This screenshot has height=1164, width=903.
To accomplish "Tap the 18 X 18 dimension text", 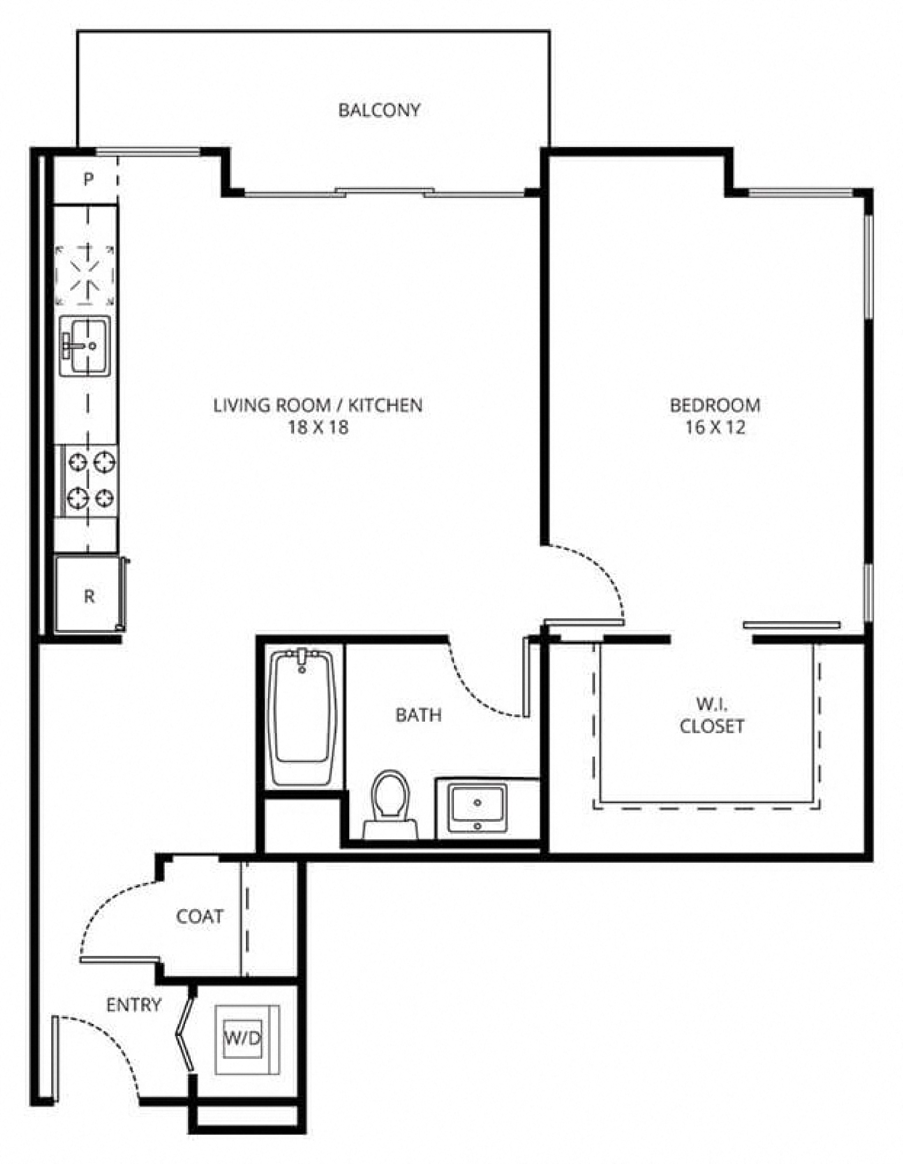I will pos(318,427).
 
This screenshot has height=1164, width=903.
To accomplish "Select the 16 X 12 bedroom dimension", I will pos(715,427).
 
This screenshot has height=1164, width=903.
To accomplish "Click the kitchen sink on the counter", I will pos(85,346).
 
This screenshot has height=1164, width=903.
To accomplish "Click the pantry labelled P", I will pos(88,179).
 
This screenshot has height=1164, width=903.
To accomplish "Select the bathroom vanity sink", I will pos(477,806).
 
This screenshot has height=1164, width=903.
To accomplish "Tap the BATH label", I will pos(418,715).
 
